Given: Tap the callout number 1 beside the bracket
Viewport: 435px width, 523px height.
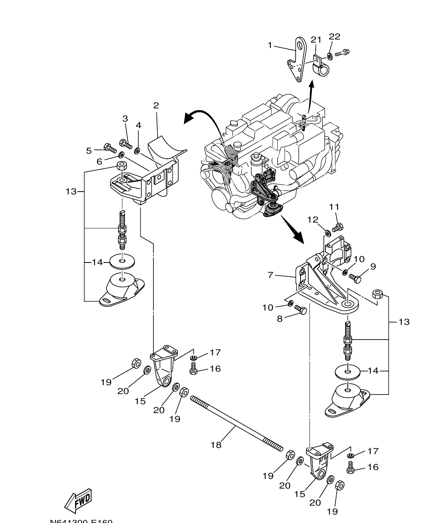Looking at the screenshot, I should pos(270,45).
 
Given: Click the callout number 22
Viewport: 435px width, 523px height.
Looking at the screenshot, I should pos(334,36).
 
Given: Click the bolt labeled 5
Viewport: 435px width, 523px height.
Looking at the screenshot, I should pos(110,147).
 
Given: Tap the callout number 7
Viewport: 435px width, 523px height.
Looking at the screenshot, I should pos(270,275).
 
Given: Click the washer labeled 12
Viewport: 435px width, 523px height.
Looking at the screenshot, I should pos(327,233).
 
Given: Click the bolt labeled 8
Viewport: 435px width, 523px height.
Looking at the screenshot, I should pos(301,310).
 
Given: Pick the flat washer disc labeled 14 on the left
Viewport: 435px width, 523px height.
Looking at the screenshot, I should pos(123,262).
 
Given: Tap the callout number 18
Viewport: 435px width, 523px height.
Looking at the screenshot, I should pos(216,445).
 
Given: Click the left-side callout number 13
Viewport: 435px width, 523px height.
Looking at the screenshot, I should pos(71,191).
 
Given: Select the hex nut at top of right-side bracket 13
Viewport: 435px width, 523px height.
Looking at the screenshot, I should pos(378,294).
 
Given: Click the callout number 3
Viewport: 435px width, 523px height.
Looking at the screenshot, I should pos(125,118).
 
